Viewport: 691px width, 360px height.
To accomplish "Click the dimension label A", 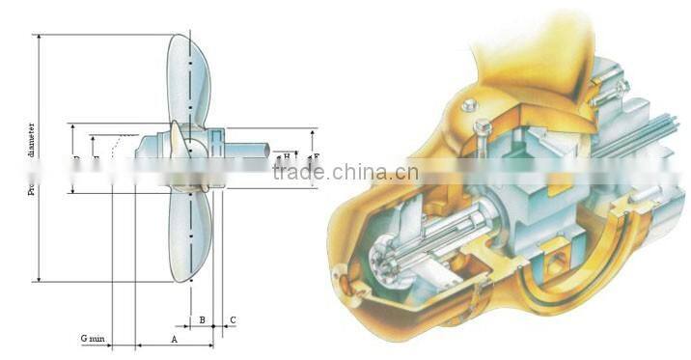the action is pos(174,340).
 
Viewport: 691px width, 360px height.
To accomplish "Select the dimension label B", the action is pos(202,319).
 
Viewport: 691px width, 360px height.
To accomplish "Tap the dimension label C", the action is pos(233,319).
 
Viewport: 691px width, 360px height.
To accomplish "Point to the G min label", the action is pos(92,339).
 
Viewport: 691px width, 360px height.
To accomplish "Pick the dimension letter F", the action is pos(317,155).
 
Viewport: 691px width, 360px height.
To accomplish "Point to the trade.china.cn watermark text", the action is pos(345,174).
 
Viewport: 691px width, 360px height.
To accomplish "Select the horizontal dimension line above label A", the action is pos(174,346).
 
